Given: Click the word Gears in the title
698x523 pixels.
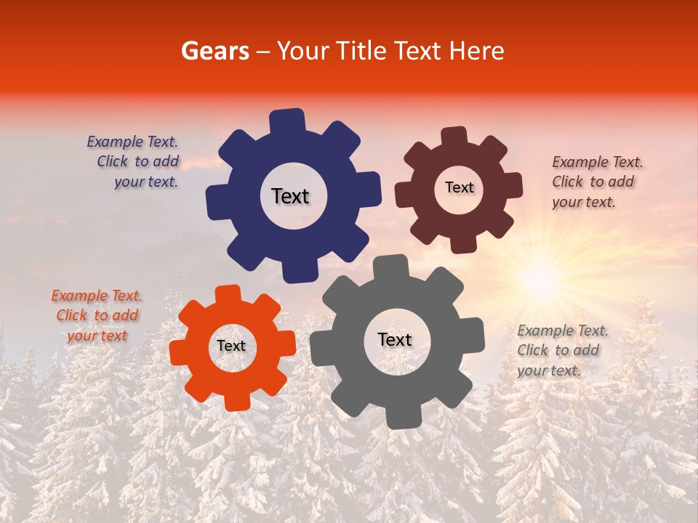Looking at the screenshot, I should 214,51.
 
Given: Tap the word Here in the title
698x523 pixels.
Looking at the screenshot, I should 477,51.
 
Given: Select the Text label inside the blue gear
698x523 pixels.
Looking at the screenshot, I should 290,196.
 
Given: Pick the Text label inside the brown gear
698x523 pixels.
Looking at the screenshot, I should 459,187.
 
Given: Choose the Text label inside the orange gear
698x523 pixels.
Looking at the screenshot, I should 231,346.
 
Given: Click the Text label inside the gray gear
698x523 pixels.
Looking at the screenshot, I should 395,339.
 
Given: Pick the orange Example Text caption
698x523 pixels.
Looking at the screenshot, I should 97,315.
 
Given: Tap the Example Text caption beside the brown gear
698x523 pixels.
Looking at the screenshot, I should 597,182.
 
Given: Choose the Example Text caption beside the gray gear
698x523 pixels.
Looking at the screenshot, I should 562,350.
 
